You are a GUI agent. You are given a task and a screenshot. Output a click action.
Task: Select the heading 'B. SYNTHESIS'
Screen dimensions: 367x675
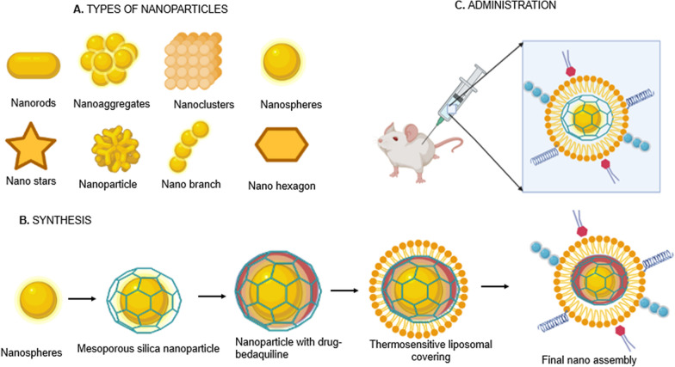(x=49, y=220)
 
